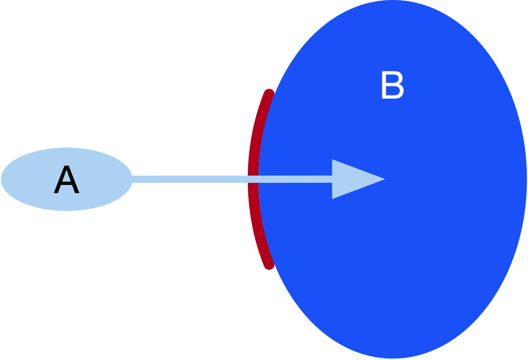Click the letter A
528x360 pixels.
click(66, 180)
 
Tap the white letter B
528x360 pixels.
click(392, 86)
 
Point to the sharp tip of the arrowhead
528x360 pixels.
click(385, 179)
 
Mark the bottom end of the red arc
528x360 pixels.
click(269, 265)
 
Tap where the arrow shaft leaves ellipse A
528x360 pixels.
click(132, 179)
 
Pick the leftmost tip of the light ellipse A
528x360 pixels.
click(1, 179)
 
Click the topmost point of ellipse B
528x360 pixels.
click(392, 1)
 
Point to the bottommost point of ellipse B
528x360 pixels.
click(392, 358)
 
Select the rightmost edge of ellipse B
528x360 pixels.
click(527, 179)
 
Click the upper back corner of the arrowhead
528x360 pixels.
click(333, 160)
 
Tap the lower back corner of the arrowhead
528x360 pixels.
click(333, 198)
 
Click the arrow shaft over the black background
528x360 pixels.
click(190, 179)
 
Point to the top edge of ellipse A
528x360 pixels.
click(66, 148)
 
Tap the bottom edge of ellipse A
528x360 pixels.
click(66, 211)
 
